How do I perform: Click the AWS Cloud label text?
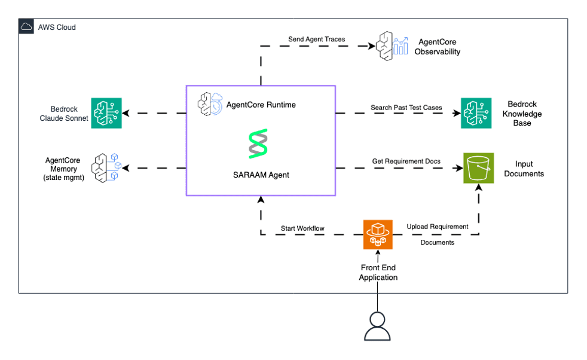[x=57, y=28]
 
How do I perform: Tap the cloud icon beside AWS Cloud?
[x=27, y=28]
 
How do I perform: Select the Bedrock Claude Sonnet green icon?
[x=106, y=113]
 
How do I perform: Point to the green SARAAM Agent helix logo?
[x=258, y=144]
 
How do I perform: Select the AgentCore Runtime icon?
[x=210, y=104]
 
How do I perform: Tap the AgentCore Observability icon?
[x=392, y=46]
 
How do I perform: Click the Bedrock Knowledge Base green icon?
[x=476, y=113]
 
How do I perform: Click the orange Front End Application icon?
[x=378, y=234]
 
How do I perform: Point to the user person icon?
[x=377, y=327]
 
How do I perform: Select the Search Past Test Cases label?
[x=406, y=108]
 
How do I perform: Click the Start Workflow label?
[x=302, y=228]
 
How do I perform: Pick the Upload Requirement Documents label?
[x=437, y=234]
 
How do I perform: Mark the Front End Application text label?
[x=378, y=273]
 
